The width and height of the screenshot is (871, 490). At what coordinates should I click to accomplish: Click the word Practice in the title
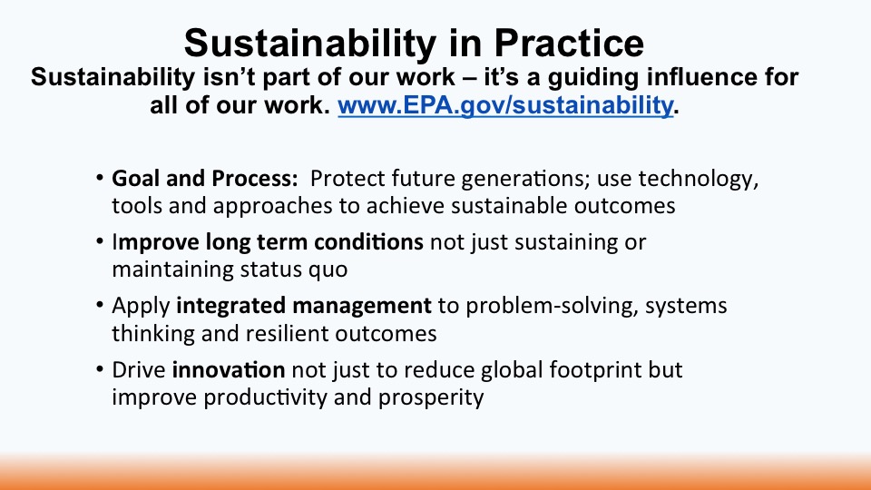569,43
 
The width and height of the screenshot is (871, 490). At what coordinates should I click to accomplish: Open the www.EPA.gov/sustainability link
505,105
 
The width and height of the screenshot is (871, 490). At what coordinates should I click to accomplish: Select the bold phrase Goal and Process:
205,179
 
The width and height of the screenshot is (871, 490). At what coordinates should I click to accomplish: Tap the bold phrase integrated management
304,306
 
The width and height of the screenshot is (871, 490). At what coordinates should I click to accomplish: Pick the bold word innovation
229,369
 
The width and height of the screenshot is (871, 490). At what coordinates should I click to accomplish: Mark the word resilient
288,333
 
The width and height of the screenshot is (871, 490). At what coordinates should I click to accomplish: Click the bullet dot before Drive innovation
100,369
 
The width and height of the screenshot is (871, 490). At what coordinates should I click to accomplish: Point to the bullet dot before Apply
100,306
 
